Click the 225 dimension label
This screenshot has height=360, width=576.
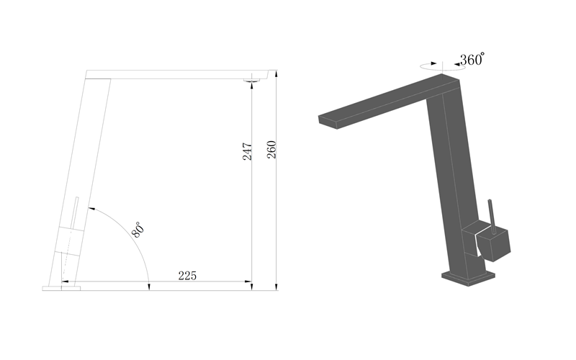187,276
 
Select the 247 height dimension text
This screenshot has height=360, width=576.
247,151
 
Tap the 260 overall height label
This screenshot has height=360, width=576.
271,150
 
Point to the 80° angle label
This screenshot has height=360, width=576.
138,230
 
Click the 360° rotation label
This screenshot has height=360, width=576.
472,59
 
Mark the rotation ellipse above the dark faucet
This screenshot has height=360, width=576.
437,66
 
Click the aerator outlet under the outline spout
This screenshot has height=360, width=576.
252,80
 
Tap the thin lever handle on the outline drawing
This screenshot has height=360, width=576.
75,212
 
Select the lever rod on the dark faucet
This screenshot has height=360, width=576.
492,217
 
